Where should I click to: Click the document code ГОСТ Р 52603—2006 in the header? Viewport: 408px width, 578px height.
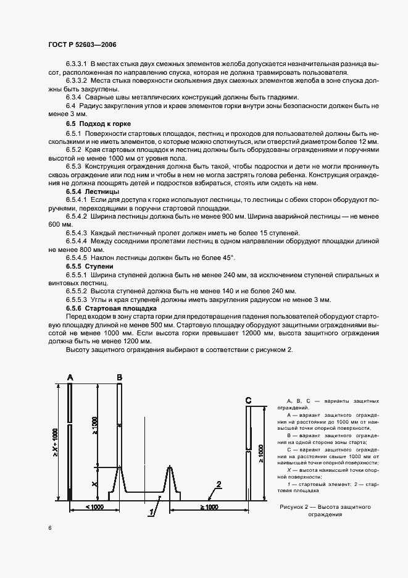tap(81, 45)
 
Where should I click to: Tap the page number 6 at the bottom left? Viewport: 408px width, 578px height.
tap(49, 528)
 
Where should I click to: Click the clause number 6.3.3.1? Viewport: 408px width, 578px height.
tap(76, 64)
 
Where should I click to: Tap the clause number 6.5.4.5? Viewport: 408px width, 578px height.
tap(76, 257)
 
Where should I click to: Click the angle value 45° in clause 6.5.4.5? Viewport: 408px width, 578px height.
tap(228, 257)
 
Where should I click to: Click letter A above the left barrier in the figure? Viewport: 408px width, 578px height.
tap(70, 377)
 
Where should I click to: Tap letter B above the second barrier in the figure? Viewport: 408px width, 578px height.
tap(119, 377)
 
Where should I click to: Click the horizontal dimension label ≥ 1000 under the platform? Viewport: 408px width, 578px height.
tap(209, 507)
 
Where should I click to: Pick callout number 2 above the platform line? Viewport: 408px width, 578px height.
tap(218, 484)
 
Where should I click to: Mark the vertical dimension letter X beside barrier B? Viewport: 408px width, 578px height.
tap(95, 485)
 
